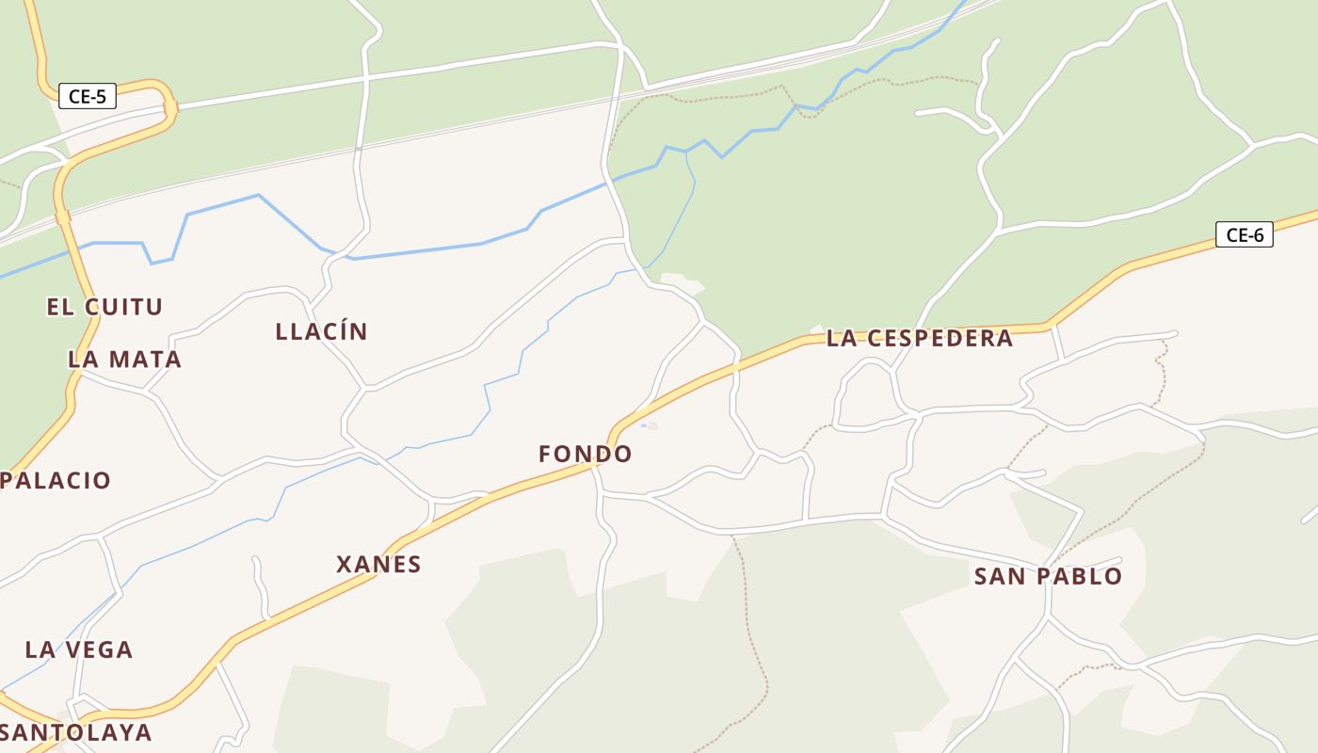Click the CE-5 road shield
(x=87, y=96)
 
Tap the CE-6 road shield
(x=1244, y=235)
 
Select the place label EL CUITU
(x=104, y=307)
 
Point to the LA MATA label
(x=124, y=360)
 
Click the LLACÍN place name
(x=321, y=331)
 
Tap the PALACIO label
(x=56, y=481)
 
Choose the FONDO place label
(x=585, y=454)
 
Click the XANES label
(x=378, y=565)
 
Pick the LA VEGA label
(x=79, y=649)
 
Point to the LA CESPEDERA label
(x=919, y=339)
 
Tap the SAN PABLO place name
(x=1048, y=576)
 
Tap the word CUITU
(x=123, y=307)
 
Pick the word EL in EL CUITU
(x=59, y=307)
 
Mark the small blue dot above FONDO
(x=644, y=425)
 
